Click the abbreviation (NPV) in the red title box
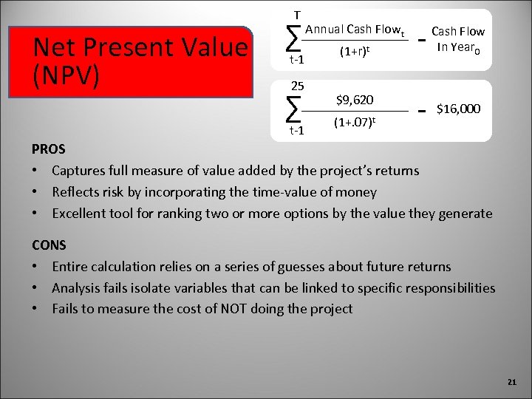66,77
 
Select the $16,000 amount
459,109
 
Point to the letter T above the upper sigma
297,14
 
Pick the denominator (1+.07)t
355,121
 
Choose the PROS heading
49,149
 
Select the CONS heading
49,245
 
